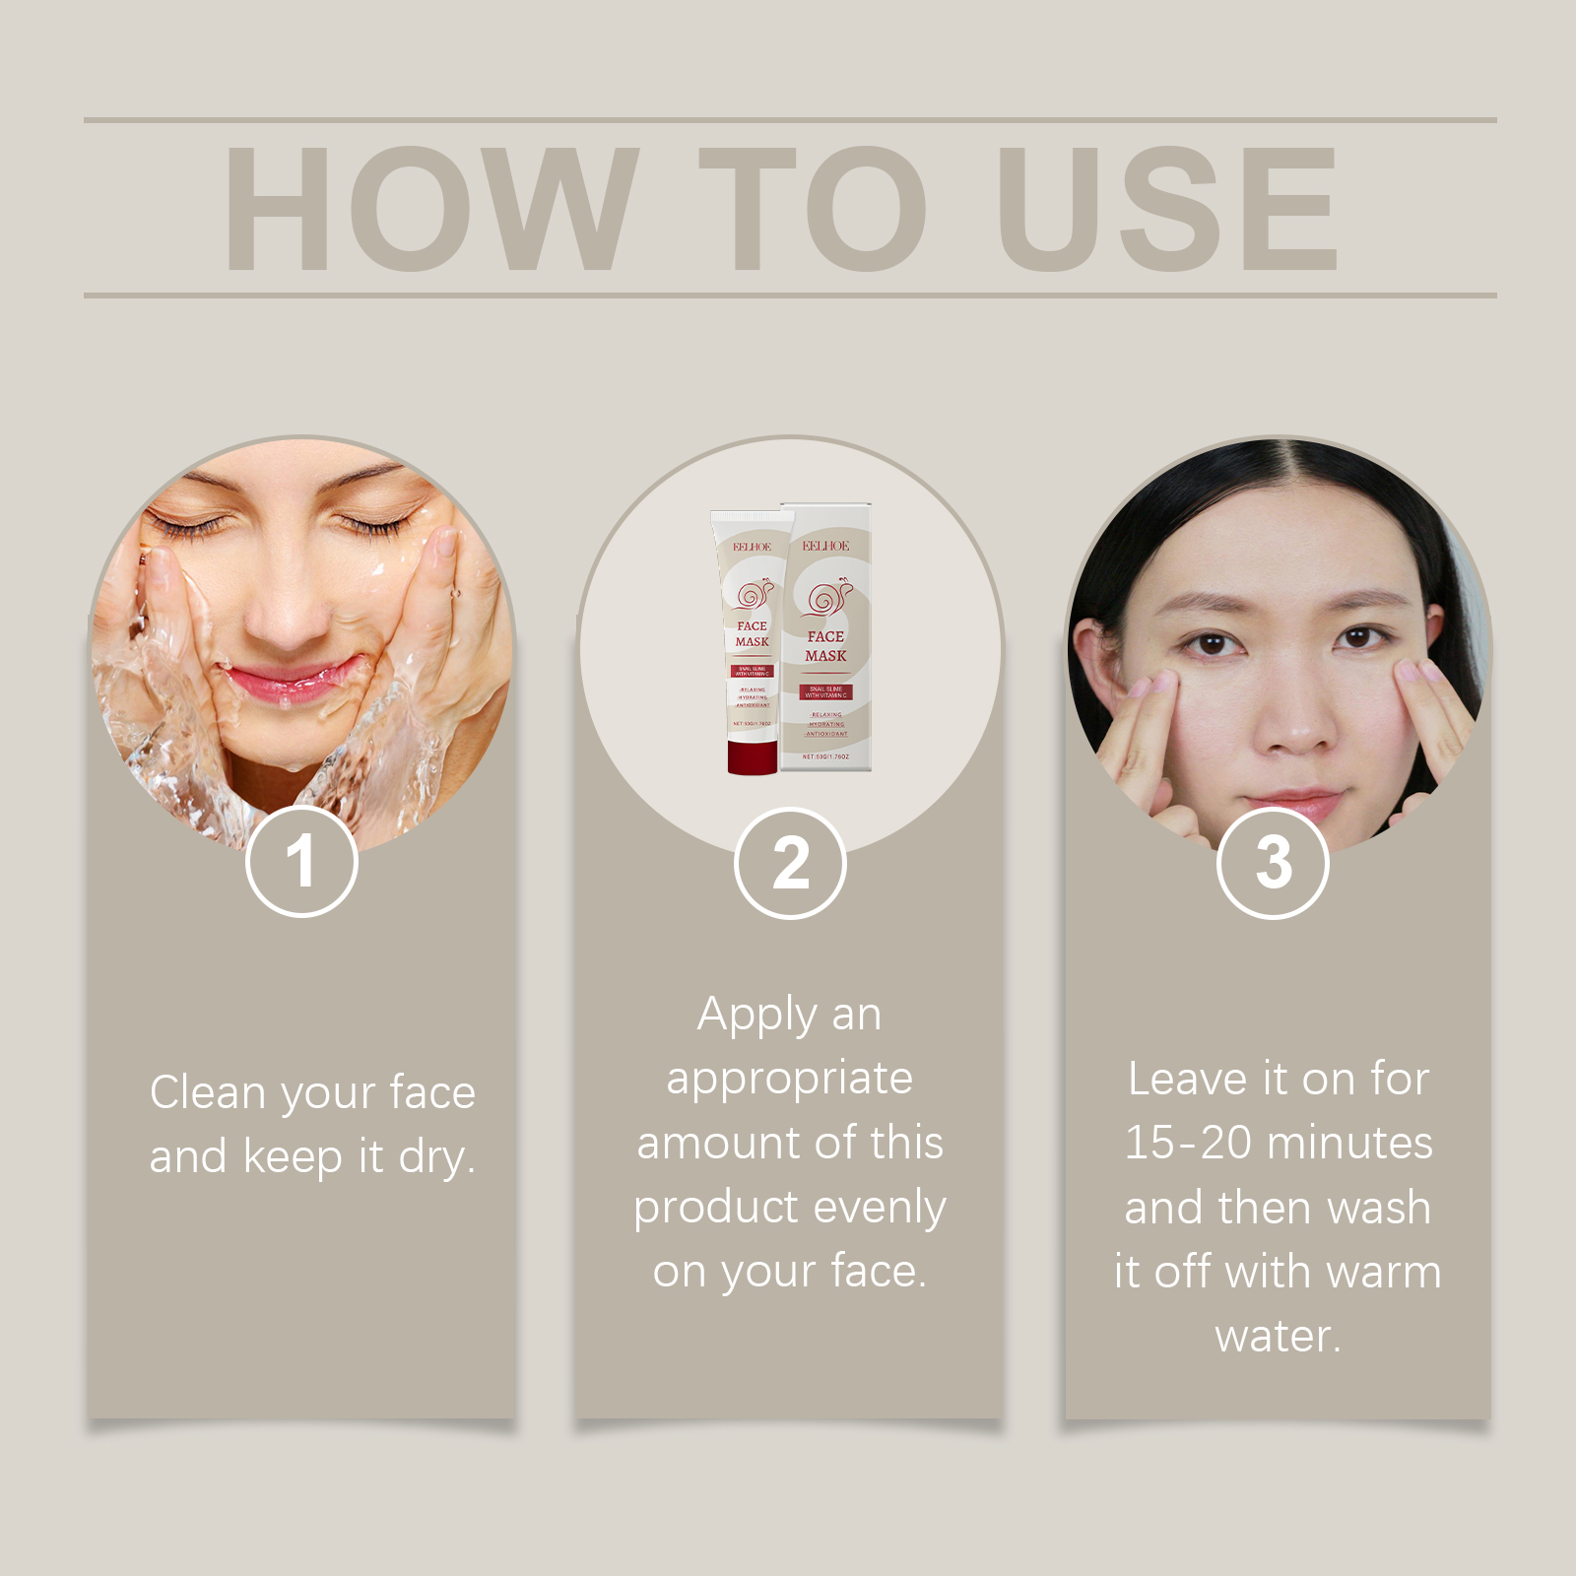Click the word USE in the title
pos(1168,209)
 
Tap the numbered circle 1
pos(301,862)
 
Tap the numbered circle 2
pos(790,864)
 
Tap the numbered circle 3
pos(1273,864)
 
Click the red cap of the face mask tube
pos(753,756)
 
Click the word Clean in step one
pos(208,1092)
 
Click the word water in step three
pos(1277,1337)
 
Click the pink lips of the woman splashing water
pos(291,683)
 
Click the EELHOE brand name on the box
pos(825,546)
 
